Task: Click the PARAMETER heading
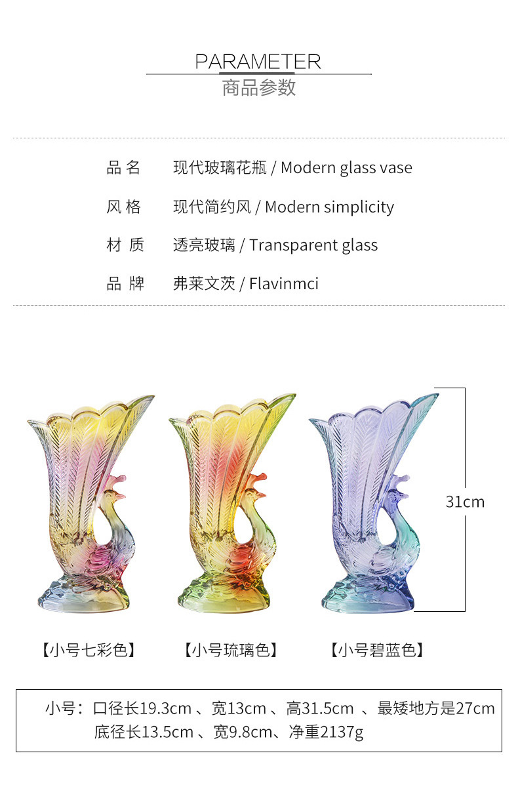pyautogui.click(x=258, y=62)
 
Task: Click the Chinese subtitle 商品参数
pyautogui.click(x=259, y=87)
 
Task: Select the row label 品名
pyautogui.click(x=124, y=168)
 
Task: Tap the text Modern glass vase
pyautogui.click(x=346, y=168)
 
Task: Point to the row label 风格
pyautogui.click(x=124, y=207)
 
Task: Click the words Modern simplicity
pyautogui.click(x=329, y=207)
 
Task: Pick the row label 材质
pyautogui.click(x=125, y=245)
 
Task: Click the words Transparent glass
pyautogui.click(x=313, y=245)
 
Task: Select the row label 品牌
pyautogui.click(x=125, y=284)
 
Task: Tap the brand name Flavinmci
pyautogui.click(x=283, y=284)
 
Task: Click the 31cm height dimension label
pyautogui.click(x=465, y=502)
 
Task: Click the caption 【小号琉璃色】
pyautogui.click(x=231, y=650)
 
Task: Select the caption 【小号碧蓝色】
pyautogui.click(x=376, y=650)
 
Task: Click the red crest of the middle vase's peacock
pyautogui.click(x=258, y=478)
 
